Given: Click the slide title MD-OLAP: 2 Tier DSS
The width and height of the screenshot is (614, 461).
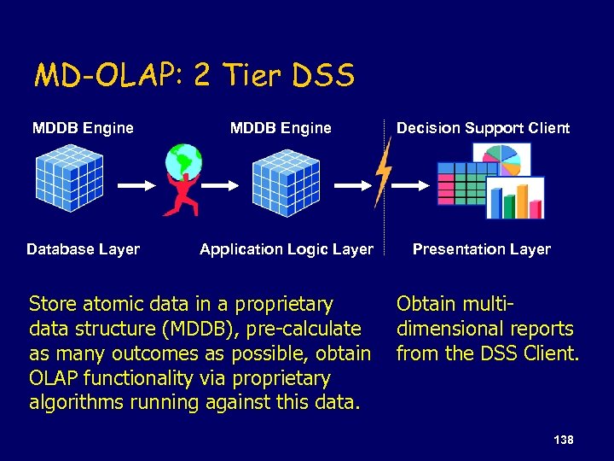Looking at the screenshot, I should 194,77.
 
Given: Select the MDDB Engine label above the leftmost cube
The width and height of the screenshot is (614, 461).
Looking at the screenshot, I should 83,128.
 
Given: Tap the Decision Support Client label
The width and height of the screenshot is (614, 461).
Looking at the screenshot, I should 483,128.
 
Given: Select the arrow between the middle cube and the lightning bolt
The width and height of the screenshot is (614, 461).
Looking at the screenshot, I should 351,184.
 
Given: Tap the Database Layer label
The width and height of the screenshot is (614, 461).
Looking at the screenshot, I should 83,249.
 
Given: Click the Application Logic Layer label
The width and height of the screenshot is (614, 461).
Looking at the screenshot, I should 287,249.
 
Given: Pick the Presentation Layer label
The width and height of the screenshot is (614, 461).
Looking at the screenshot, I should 482,249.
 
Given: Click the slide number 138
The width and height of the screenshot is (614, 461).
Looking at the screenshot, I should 563,440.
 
